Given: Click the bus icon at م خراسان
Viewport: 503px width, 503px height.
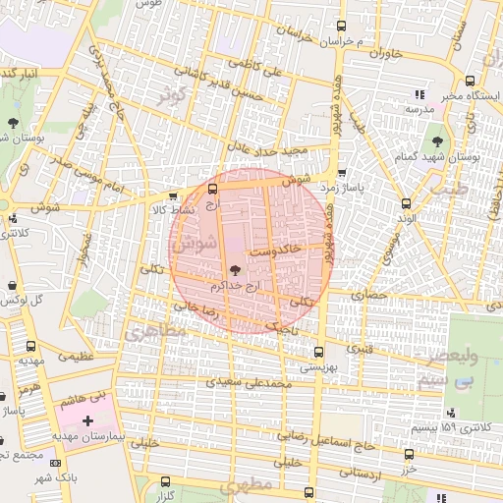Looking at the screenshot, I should pyautogui.click(x=341, y=27).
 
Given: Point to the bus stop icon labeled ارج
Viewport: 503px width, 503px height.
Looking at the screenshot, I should pyautogui.click(x=214, y=188).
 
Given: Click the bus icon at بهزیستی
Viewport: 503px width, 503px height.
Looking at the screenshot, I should pyautogui.click(x=318, y=351).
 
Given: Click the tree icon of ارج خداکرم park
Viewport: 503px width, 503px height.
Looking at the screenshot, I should pyautogui.click(x=236, y=269).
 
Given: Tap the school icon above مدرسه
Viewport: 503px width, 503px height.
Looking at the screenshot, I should pyautogui.click(x=420, y=94).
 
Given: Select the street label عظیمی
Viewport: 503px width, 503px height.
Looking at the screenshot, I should pyautogui.click(x=75, y=357).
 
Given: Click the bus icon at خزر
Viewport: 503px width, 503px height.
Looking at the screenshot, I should pyautogui.click(x=409, y=454).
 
